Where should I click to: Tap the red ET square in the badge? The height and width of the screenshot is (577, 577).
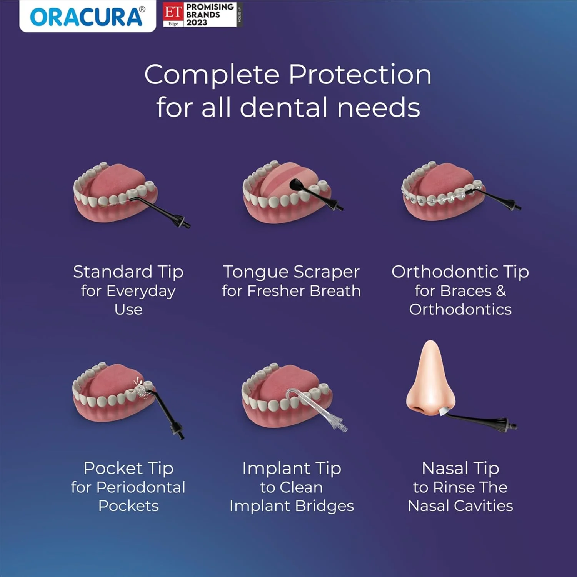pos(173,12)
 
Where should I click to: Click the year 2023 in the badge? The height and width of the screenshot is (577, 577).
pos(197,23)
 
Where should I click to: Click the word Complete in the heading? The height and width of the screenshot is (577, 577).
pos(212,75)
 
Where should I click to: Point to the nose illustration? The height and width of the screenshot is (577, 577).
pos(430,381)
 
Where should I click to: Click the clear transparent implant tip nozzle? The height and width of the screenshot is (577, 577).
pos(315,408)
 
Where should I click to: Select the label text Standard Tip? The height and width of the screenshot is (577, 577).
pos(128,272)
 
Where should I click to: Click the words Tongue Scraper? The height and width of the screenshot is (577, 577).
pos(291,272)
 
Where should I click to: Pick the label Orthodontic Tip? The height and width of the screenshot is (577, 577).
pos(460,272)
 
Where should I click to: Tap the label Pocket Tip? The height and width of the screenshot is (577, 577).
pos(128,468)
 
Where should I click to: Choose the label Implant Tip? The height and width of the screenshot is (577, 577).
pos(292,468)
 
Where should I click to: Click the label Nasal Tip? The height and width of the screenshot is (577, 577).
pos(460,468)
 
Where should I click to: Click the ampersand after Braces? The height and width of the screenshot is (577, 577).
pos(501,291)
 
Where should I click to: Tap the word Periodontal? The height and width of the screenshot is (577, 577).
pos(141,487)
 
